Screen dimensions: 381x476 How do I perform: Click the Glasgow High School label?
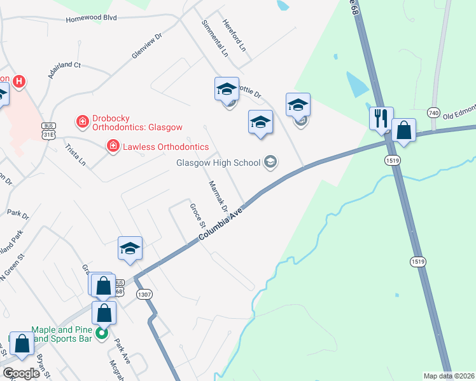click(218, 163)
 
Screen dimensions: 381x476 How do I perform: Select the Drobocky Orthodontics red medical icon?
click(81, 120)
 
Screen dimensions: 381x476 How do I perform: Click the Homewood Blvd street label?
click(91, 19)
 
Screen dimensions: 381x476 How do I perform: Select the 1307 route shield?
click(144, 294)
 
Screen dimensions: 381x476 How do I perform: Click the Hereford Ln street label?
click(234, 34)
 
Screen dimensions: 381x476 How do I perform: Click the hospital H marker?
click(20, 81)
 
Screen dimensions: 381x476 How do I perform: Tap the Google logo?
click(22, 373)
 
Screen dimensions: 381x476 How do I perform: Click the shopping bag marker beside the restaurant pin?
click(403, 131)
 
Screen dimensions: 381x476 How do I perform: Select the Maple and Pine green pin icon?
click(101, 333)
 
